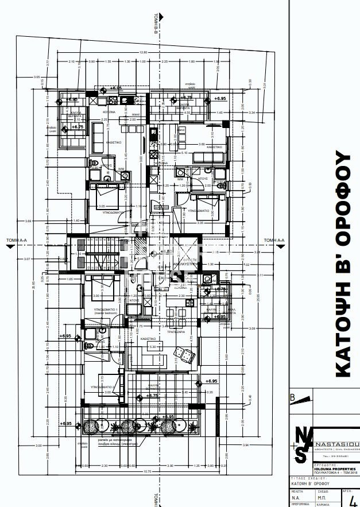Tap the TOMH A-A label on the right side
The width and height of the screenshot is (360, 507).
pos(274,241)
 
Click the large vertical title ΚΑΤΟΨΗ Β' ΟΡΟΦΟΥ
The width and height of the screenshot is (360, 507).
pos(342,264)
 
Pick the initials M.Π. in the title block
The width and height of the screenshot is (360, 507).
pos(323,498)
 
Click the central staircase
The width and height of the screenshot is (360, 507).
pos(96,253)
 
